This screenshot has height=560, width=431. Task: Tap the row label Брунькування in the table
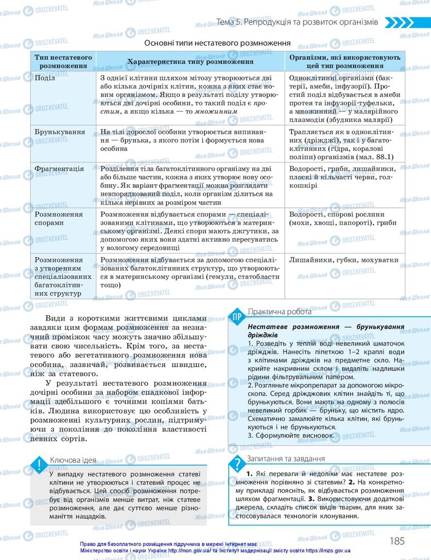(60, 132)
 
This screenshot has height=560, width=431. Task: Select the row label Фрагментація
(59, 168)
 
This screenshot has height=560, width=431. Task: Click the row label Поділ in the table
(45, 78)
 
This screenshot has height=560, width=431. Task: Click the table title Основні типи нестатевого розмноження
(217, 43)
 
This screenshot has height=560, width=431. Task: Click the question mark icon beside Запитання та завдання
(237, 464)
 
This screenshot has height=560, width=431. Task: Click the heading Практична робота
(279, 312)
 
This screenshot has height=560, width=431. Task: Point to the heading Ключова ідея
(72, 460)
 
